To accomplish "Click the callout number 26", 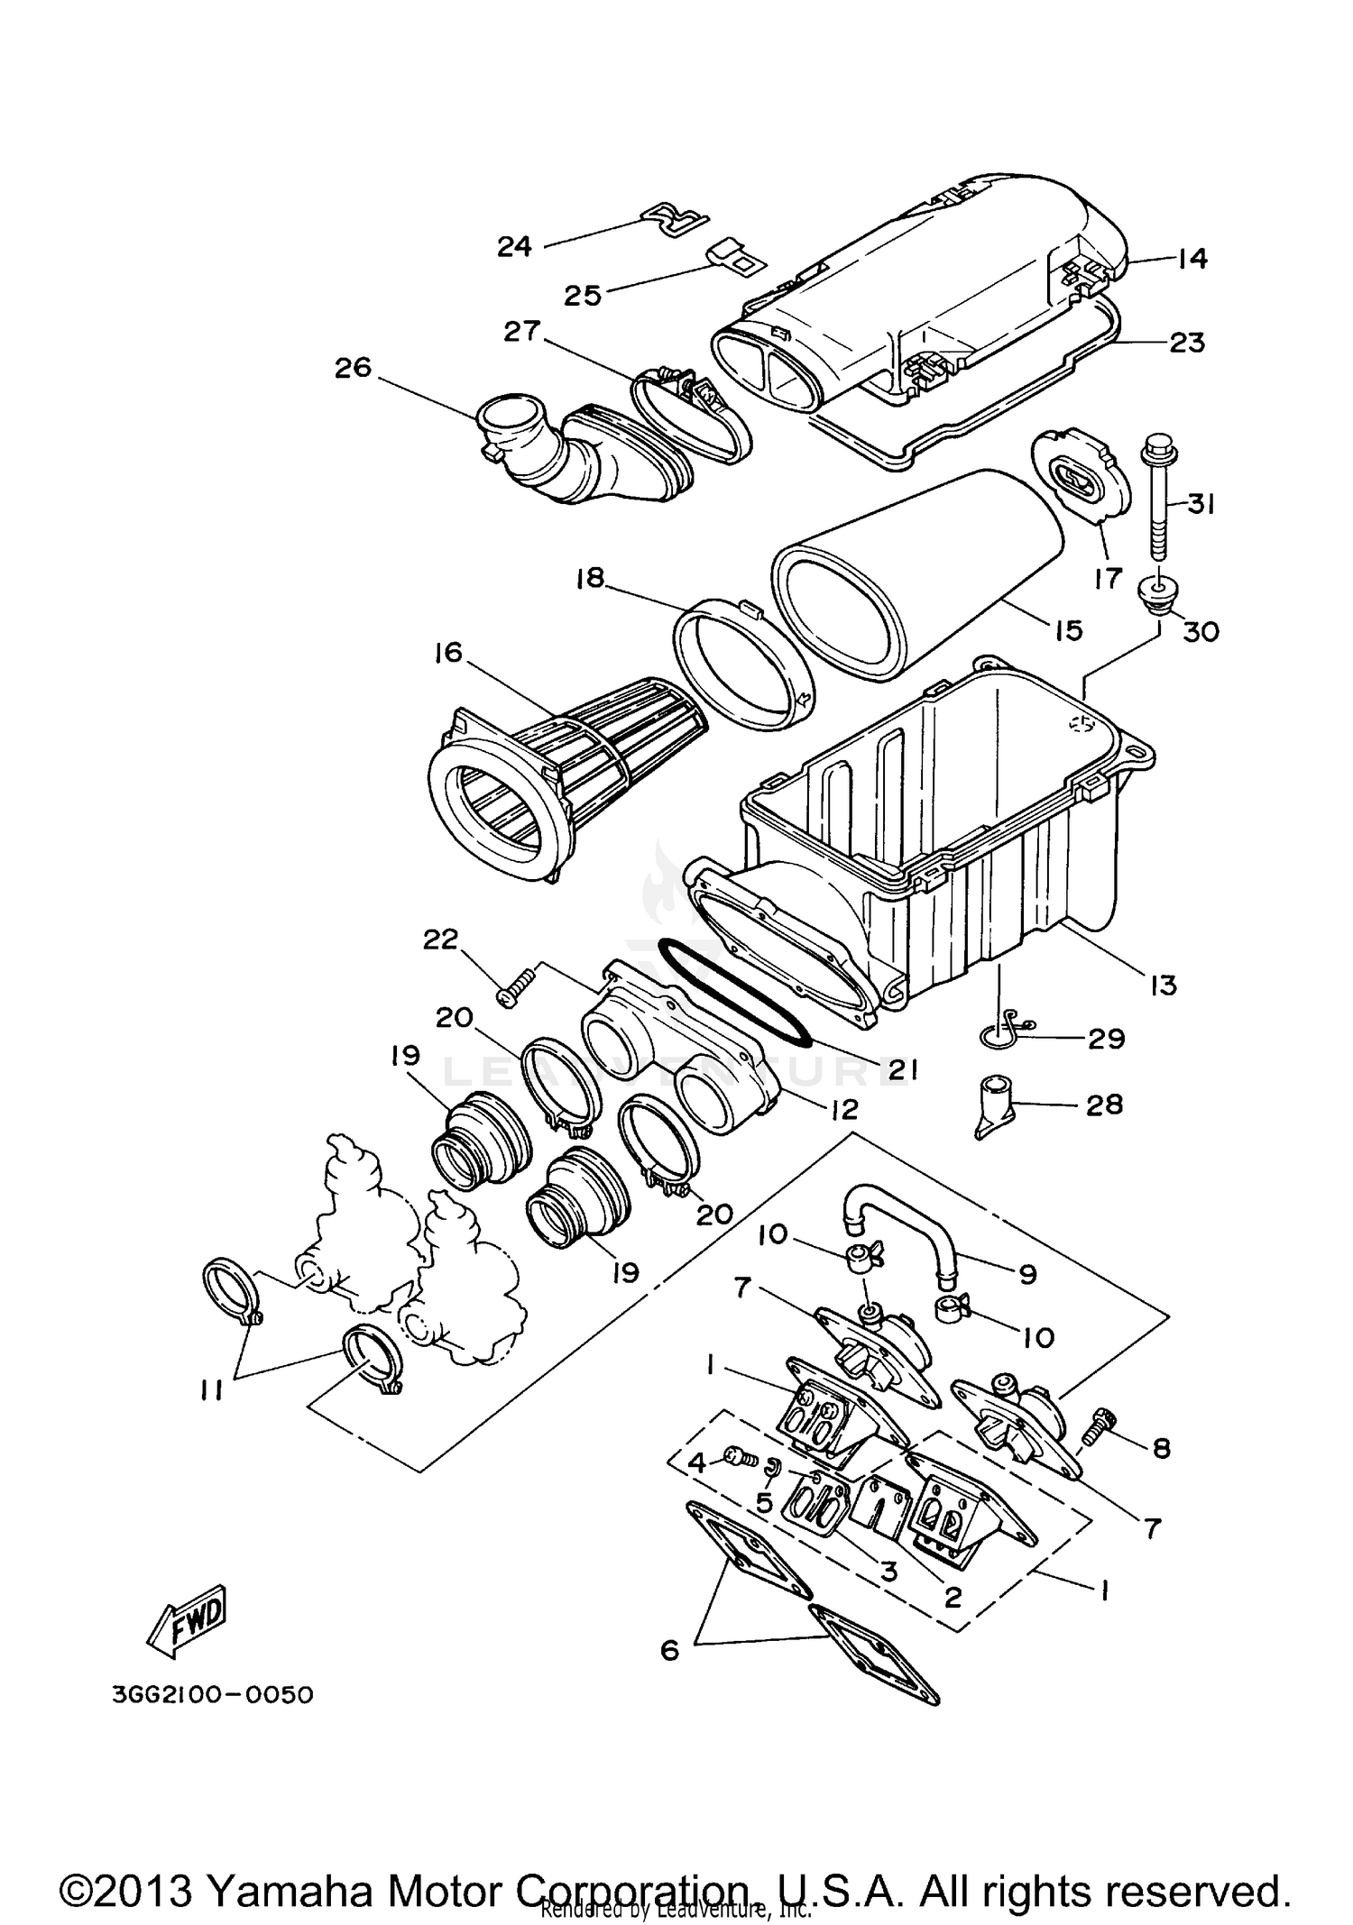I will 353,368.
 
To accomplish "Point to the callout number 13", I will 1164,985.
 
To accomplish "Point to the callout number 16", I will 447,652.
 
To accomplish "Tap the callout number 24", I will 515,245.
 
